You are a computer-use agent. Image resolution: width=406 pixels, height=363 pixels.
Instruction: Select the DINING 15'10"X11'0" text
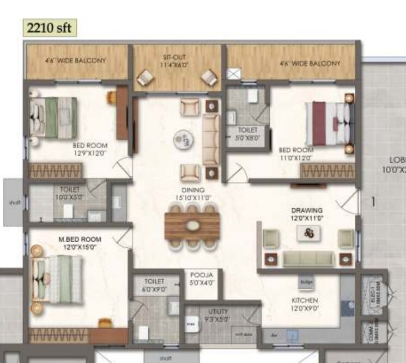190,194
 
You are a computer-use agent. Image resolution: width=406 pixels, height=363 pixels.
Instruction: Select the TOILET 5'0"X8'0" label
247,134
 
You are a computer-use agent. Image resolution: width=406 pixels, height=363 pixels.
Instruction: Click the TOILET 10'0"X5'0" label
70,193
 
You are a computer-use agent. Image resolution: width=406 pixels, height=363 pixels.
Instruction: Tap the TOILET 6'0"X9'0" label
154,286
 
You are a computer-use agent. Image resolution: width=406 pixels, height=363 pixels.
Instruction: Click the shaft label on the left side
14,203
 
